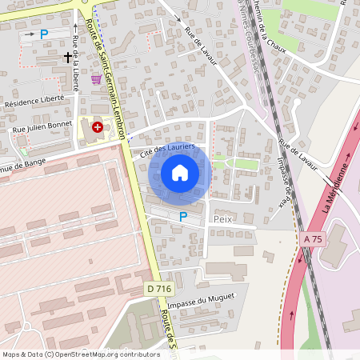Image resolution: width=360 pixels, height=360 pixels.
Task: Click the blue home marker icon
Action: [180, 173]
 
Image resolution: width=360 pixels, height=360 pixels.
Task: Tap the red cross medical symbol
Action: [98, 126]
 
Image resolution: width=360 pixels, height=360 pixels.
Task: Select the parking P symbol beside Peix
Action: [183, 216]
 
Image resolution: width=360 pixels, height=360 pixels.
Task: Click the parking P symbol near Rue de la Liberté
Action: [44, 34]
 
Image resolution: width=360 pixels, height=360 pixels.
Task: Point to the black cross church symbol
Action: [67, 57]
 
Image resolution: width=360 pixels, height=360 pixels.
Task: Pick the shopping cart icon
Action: [97, 78]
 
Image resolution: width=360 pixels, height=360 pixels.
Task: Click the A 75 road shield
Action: [313, 238]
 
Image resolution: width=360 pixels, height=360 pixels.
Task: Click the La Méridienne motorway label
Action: [338, 186]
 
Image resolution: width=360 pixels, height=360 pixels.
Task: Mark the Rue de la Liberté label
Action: [74, 64]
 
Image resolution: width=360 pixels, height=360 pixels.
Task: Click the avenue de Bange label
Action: [24, 166]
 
